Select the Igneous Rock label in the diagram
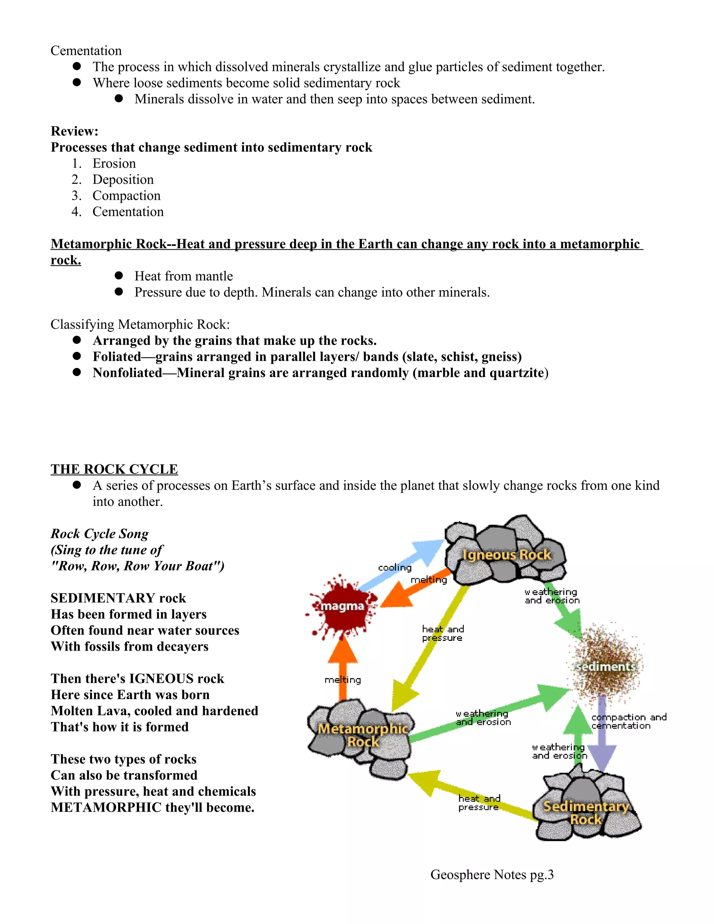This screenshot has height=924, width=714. click(506, 555)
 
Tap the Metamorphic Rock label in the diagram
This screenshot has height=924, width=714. click(363, 735)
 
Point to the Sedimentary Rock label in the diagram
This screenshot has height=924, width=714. click(586, 813)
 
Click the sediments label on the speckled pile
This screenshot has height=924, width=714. click(605, 667)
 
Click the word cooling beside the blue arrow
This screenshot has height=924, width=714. click(394, 568)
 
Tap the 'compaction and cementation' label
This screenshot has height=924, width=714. click(629, 721)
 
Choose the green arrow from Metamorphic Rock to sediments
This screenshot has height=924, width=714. click(486, 715)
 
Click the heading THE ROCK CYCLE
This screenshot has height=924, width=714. click(114, 469)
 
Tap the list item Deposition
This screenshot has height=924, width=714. click(123, 179)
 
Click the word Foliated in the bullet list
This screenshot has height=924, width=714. click(117, 357)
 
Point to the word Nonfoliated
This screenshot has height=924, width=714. click(127, 373)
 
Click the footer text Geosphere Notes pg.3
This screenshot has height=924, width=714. click(492, 874)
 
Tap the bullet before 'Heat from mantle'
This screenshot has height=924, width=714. click(119, 276)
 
